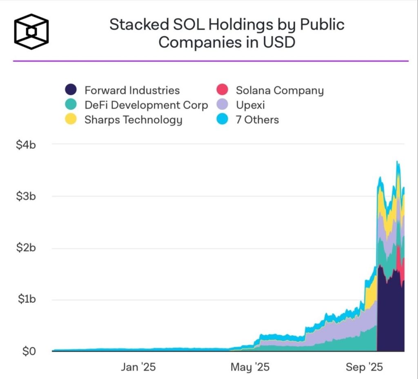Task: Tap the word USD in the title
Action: coord(280,42)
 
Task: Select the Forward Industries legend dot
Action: coord(71,90)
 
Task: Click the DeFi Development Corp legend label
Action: coord(146,105)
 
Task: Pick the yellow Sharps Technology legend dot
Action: coord(71,120)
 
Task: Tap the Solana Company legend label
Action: coord(280,90)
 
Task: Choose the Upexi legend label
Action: coord(250,105)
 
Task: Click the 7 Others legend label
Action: coord(257,120)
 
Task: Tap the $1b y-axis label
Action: coord(27,300)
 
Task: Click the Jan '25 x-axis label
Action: coord(138,367)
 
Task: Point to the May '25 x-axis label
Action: coord(249,367)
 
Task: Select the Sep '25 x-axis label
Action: coord(365,367)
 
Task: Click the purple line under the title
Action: coord(211,61)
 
